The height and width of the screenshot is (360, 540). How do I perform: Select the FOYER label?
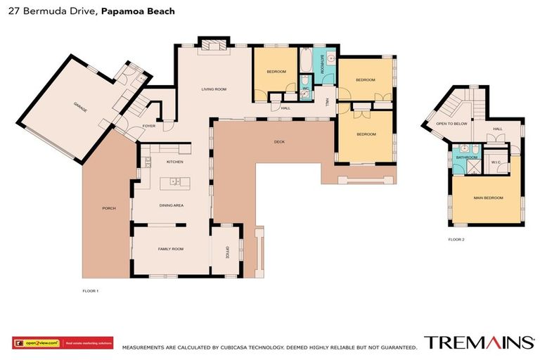[x=149, y=126]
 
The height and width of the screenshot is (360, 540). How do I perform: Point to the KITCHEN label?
[x=174, y=162]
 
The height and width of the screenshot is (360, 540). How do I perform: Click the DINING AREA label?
[x=172, y=205]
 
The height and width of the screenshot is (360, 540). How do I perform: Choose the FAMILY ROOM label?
[x=170, y=249]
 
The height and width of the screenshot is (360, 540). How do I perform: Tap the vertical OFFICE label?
[x=227, y=252]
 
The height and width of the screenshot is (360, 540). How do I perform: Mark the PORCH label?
[x=109, y=208]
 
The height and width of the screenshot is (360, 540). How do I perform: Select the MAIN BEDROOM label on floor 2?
[x=488, y=198]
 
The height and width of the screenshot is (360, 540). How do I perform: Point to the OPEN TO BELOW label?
[x=451, y=123]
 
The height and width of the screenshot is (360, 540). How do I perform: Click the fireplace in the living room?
[x=212, y=46]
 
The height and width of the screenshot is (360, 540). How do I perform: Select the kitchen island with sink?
[x=173, y=182]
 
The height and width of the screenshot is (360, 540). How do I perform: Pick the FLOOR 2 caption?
[x=456, y=239]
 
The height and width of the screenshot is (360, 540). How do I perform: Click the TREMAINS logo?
[x=478, y=342]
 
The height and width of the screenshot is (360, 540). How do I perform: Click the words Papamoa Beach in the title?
[x=138, y=12]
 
